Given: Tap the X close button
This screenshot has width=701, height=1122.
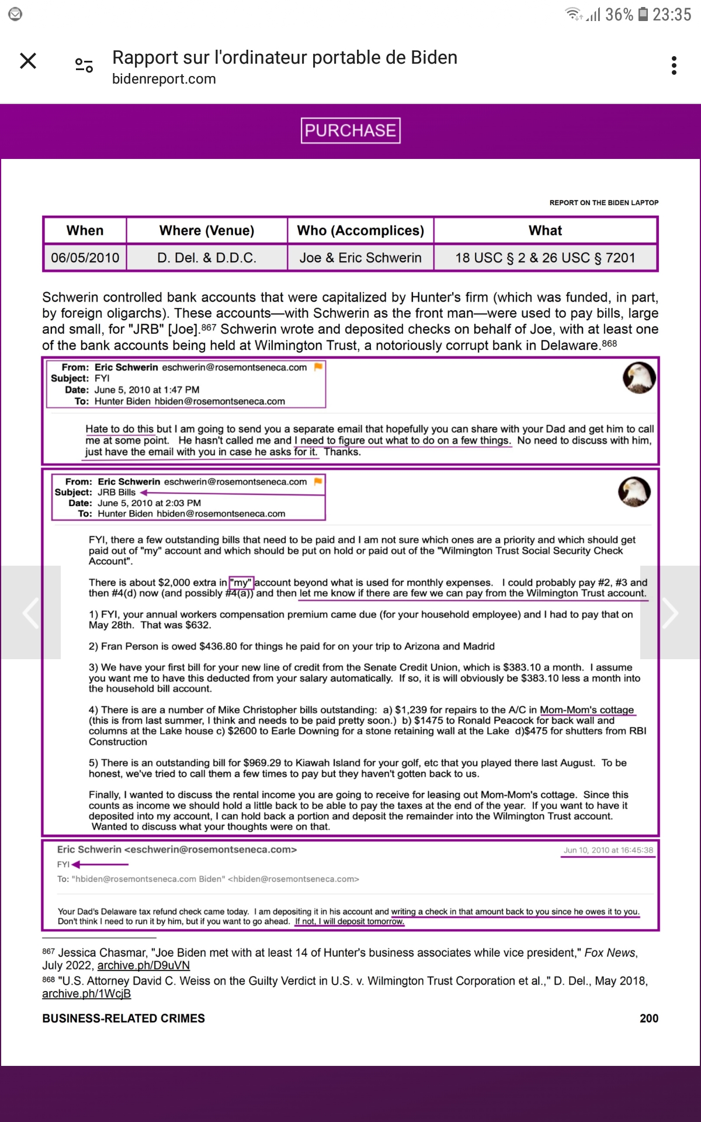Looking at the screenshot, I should tap(28, 61).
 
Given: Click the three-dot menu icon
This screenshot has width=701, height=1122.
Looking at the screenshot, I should tap(674, 65).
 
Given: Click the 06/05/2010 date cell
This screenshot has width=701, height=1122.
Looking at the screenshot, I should tap(85, 258).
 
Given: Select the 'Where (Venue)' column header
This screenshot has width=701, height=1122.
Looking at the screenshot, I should tap(207, 231).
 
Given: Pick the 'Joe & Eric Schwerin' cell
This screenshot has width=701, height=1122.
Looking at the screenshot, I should tap(360, 258).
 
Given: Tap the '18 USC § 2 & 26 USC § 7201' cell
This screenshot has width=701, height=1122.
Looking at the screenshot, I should tap(545, 258).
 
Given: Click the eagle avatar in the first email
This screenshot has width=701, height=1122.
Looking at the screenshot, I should tap(639, 378).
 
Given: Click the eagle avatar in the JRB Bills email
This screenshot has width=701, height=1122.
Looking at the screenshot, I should tap(634, 491).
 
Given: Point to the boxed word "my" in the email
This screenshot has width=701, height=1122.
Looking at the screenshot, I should tap(241, 583).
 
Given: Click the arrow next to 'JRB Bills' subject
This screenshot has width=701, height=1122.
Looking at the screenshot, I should tap(144, 493).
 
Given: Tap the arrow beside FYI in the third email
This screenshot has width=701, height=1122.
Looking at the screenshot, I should tap(99, 864).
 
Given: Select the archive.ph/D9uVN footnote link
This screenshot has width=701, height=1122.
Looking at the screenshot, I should tap(144, 965).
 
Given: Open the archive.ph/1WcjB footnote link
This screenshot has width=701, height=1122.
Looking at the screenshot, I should tap(86, 993).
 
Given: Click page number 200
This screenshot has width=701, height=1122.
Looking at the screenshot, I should tap(648, 1018).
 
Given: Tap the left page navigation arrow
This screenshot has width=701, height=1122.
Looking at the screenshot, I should tap(30, 612).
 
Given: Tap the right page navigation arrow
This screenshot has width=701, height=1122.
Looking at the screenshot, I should tap(670, 612).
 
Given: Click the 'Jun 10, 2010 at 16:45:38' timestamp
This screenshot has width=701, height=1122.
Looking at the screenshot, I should tap(608, 850).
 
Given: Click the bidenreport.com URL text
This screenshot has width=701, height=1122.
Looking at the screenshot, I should tap(164, 79).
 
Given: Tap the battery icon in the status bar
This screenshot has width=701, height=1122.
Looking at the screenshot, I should tap(643, 14).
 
